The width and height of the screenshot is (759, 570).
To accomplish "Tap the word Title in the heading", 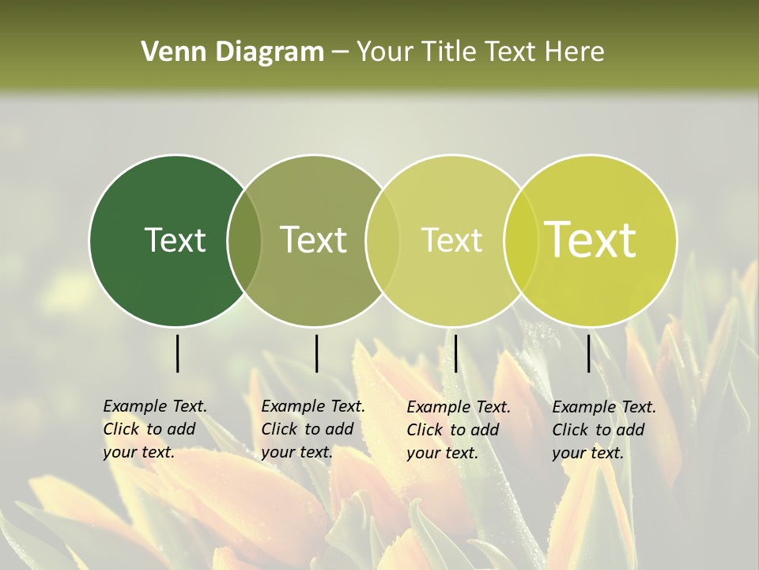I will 449,52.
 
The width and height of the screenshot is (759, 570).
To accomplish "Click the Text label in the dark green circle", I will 175,240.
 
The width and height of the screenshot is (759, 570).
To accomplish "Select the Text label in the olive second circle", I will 314,240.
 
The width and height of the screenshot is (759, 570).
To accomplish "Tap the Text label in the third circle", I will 451,240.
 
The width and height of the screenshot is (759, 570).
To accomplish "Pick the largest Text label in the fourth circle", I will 590,240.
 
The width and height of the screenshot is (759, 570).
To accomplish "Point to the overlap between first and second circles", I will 244,240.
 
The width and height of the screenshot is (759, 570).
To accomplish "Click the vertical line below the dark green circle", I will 177,353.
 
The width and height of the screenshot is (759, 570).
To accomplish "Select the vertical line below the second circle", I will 316,353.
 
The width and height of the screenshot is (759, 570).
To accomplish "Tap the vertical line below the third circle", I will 455,353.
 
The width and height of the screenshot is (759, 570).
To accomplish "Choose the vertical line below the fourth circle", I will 589,353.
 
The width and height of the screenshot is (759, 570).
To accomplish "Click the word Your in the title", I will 384,52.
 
